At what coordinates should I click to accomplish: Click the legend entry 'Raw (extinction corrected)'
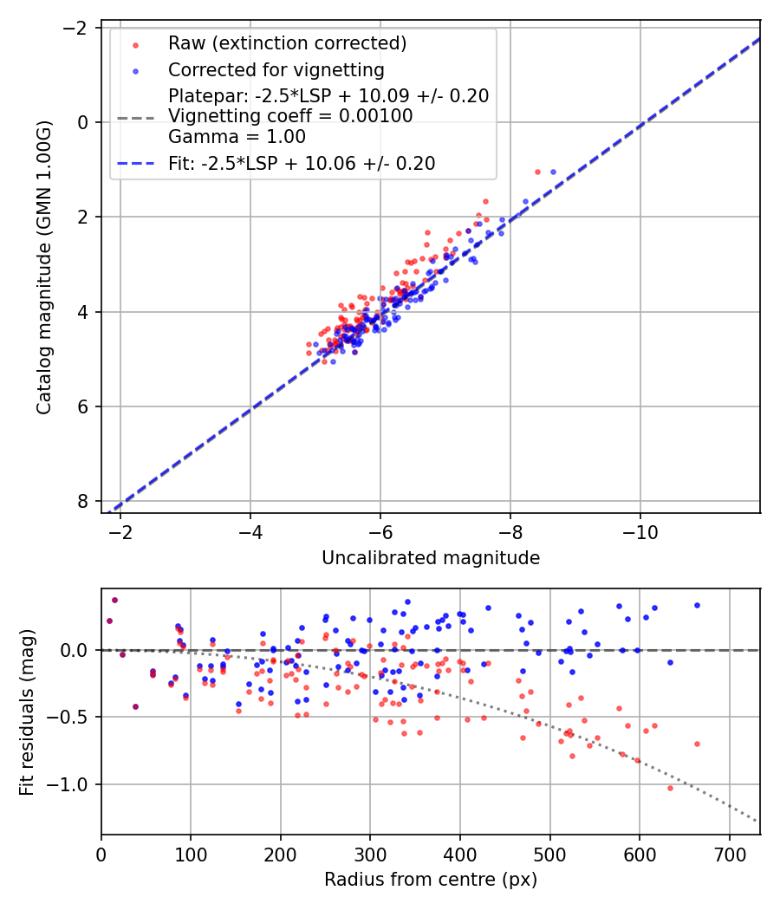287,43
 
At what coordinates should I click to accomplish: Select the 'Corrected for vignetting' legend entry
276,69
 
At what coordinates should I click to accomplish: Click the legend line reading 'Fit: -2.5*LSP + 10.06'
301,163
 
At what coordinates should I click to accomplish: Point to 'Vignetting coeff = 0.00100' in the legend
290,116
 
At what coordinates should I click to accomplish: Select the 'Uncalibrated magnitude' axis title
431,558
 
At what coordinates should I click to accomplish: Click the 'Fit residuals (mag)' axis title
27,712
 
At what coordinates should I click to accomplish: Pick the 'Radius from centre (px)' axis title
431,880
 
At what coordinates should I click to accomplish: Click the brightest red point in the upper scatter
537,172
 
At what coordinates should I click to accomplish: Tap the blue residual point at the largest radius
697,605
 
